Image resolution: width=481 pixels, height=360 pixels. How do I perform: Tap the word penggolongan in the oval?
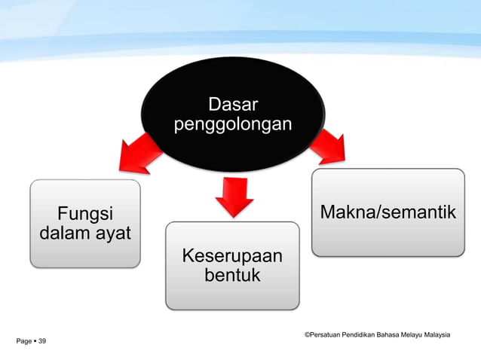[231, 123]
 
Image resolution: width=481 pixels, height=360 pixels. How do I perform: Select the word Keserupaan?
[232, 257]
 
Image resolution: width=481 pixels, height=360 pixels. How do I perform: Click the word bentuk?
[232, 276]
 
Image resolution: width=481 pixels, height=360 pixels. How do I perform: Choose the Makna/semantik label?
[388, 212]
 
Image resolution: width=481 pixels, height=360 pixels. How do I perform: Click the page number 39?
[41, 342]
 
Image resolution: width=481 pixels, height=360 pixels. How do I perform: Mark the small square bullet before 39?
[35, 342]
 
